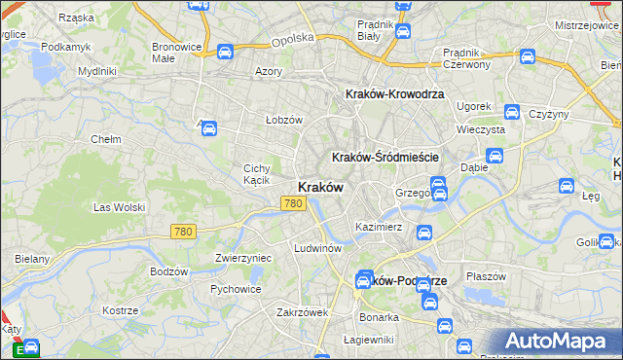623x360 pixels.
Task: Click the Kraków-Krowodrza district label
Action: point(395,93)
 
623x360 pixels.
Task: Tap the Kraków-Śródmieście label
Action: point(386,157)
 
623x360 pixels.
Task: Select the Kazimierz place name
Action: point(380,226)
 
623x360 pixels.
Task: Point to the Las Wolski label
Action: point(119,207)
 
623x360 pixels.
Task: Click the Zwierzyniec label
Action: point(242,258)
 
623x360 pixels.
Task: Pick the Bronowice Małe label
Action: point(176,52)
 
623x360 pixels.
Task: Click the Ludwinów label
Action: point(317,248)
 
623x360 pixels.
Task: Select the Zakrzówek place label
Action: point(302,312)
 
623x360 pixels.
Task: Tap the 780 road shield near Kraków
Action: point(293,203)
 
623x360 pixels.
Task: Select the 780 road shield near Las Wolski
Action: point(182,232)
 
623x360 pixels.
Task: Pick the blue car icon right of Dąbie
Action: point(494,156)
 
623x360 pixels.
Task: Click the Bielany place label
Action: point(32,260)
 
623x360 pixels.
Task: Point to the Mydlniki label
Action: point(97,71)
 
